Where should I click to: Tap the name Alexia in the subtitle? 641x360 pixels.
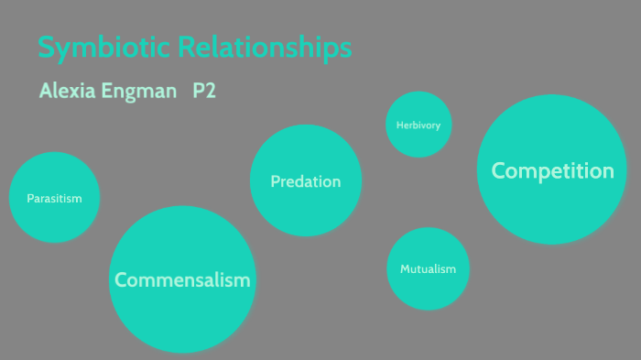67,93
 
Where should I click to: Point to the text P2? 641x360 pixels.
203,92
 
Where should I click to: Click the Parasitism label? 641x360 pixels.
55,198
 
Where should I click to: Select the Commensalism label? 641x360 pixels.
182,280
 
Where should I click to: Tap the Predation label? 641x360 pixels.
306,181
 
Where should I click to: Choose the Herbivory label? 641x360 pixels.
418,125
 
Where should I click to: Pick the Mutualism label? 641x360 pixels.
428,269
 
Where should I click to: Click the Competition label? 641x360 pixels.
552,170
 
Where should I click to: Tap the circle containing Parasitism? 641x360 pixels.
55,174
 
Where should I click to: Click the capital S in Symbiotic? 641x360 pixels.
46,49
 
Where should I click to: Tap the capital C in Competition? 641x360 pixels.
500,170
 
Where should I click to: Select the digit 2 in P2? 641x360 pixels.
210,92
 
